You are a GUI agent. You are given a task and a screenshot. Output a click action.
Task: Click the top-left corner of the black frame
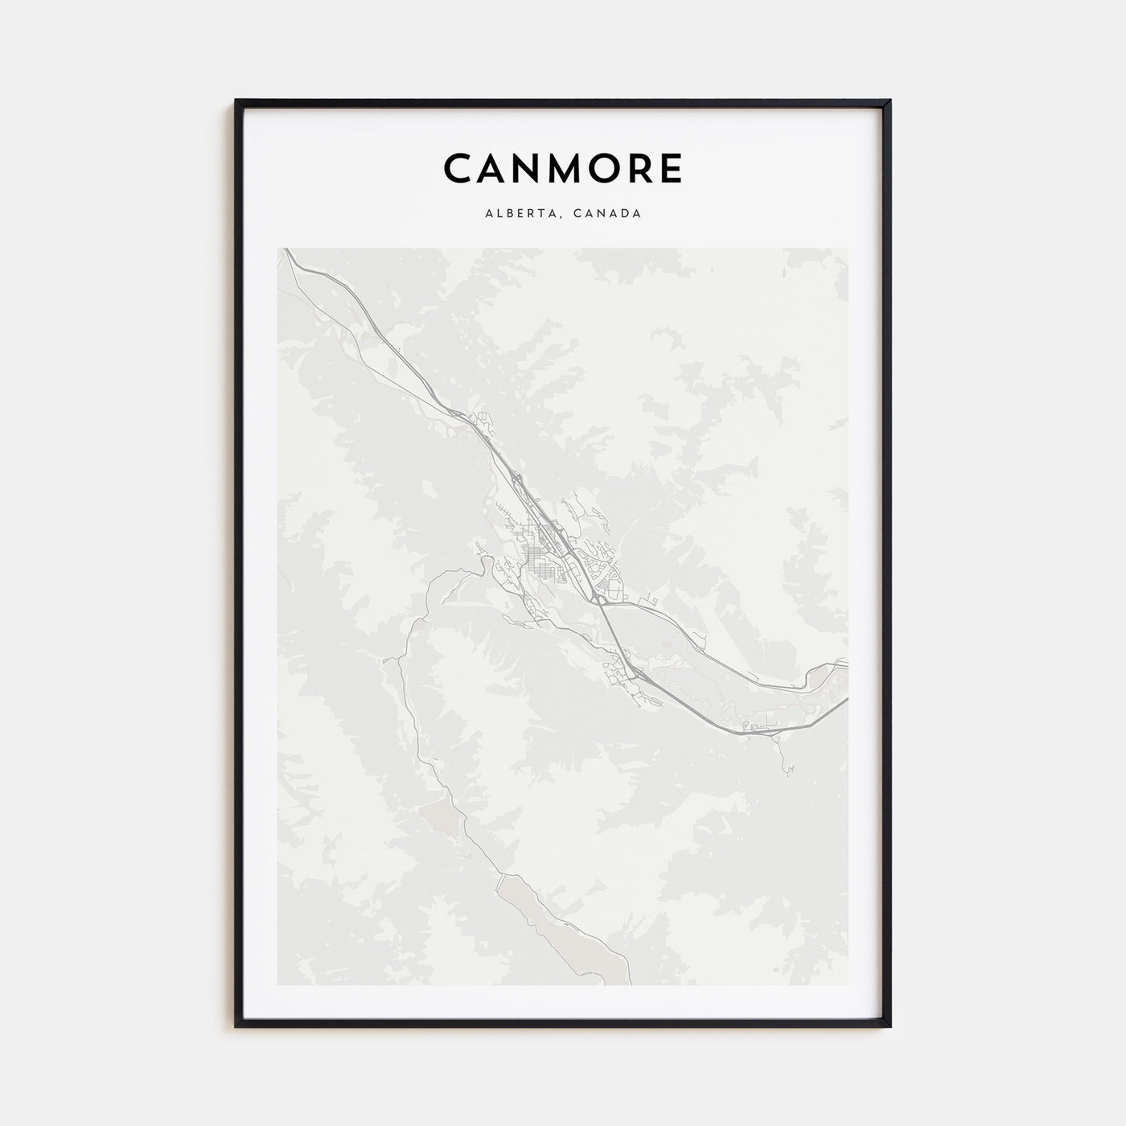pyautogui.click(x=236, y=101)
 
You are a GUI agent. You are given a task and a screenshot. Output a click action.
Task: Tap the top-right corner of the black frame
pyautogui.click(x=890, y=101)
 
